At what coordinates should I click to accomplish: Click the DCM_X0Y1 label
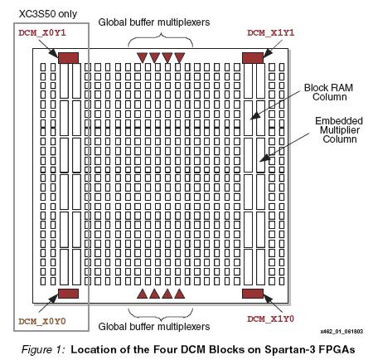click(42, 33)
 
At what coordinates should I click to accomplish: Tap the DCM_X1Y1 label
click(271, 33)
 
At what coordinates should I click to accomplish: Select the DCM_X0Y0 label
click(42, 322)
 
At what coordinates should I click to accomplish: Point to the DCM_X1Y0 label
click(271, 319)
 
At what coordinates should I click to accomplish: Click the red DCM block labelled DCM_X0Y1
click(68, 58)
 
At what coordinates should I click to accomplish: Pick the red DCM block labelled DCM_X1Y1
click(253, 58)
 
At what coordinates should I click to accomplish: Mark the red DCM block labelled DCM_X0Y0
click(68, 294)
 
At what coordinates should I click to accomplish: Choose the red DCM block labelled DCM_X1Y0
click(253, 294)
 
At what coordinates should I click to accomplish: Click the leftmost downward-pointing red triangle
click(142, 57)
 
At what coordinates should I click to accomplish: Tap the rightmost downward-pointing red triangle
click(180, 57)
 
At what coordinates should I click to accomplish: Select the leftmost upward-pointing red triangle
click(142, 294)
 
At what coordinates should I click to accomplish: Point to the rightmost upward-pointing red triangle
click(180, 294)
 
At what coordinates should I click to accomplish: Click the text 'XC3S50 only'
click(48, 14)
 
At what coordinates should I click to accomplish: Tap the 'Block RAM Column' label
click(329, 92)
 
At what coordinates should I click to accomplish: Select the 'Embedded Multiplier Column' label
click(339, 130)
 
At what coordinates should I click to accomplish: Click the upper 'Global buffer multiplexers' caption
click(154, 22)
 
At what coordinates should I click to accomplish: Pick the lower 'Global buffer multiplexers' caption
click(154, 327)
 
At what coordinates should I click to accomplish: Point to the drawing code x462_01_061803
click(342, 332)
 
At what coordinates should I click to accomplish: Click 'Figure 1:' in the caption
click(43, 349)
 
